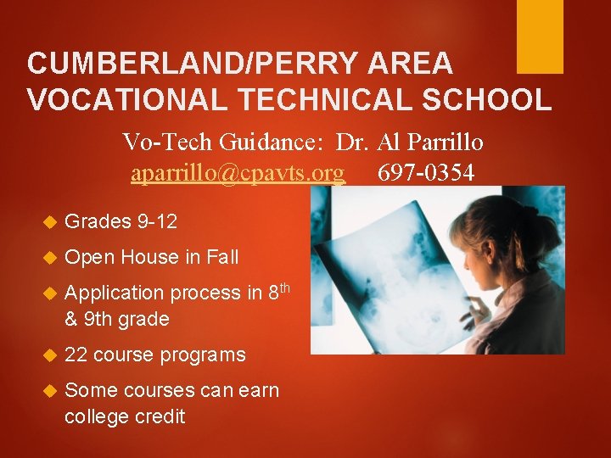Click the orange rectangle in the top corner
[x=540, y=36]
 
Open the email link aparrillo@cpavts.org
[x=238, y=173]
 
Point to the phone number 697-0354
[x=426, y=173]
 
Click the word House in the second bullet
[x=146, y=257]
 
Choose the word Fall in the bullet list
[x=220, y=257]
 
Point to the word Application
[x=115, y=293]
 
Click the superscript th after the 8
[x=285, y=288]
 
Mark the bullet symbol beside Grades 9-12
[x=48, y=223]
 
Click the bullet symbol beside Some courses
[x=48, y=391]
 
